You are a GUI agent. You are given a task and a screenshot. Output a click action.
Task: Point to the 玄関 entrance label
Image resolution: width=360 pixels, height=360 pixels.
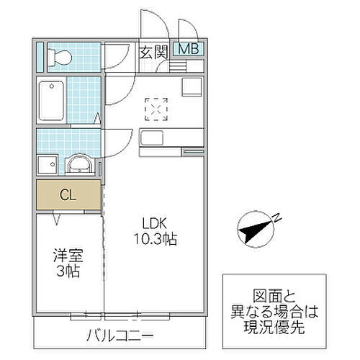153,51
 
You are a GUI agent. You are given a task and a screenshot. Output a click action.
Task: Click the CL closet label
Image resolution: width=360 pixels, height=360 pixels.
68,194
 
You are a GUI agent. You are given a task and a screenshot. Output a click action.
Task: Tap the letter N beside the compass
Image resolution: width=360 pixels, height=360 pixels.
278,218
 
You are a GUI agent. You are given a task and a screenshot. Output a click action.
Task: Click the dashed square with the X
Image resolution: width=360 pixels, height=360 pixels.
156,108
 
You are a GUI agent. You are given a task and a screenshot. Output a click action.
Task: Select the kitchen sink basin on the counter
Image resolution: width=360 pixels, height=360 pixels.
150,138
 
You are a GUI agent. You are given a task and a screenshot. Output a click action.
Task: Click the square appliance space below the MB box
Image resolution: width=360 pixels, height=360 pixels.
194,87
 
